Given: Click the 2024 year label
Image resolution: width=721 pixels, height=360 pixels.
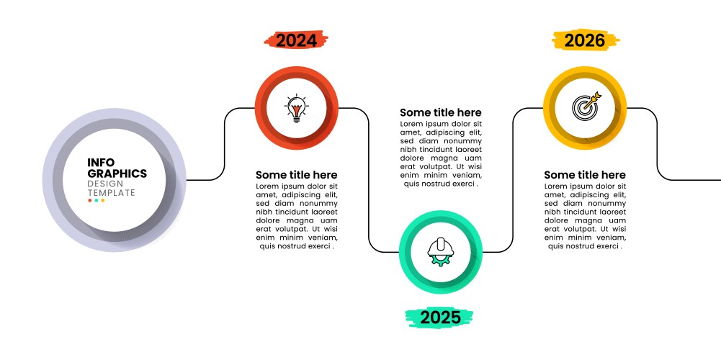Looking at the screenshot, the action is click(297, 40).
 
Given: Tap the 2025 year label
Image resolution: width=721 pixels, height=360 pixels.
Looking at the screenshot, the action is click(441, 318).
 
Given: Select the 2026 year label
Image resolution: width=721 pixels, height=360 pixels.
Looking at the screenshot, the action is click(585, 40).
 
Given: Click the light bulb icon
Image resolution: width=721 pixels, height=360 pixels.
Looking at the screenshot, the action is click(297, 108).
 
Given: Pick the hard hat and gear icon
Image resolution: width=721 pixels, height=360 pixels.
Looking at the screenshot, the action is click(441, 252).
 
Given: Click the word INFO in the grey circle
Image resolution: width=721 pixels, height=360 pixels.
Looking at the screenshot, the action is click(101, 163).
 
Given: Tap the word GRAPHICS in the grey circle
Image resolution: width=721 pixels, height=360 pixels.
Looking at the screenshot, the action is click(117, 174).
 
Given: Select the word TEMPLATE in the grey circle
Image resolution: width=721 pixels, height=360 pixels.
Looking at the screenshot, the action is click(111, 193).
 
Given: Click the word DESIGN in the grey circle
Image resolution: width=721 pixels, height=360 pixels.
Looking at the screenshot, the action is click(105, 184).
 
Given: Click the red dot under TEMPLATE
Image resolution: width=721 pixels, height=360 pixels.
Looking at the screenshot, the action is click(89, 200).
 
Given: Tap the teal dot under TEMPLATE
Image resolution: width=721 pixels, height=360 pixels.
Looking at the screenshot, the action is click(96, 200).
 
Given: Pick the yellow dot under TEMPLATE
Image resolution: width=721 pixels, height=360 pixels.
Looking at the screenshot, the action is click(103, 200).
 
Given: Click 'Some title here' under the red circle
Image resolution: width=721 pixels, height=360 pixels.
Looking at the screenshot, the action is click(297, 175).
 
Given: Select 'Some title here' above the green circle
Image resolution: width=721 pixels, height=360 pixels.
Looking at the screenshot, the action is click(441, 112).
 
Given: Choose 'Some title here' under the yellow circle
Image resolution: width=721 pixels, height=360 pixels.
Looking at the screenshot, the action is click(585, 175).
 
